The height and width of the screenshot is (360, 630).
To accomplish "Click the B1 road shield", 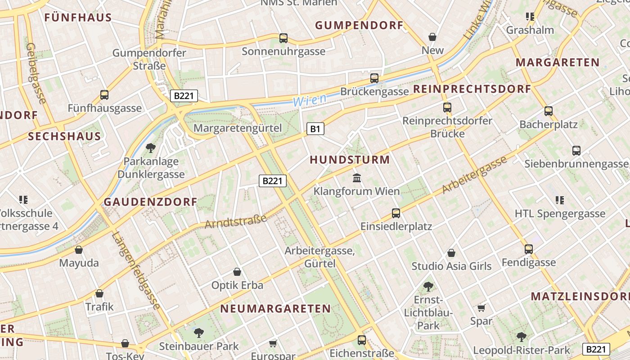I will [315, 129].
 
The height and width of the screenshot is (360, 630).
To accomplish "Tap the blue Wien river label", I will [310, 100].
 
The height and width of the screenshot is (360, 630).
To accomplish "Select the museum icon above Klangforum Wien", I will [357, 178].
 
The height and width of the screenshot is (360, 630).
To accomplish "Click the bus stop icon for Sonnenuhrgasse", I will [283, 38].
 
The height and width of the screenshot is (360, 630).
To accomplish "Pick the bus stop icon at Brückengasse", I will [374, 78].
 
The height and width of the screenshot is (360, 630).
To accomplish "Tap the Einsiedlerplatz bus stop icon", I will [396, 213].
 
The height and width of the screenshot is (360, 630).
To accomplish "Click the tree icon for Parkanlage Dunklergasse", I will [151, 148].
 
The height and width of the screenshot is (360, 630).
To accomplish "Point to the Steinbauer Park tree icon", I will [198, 333].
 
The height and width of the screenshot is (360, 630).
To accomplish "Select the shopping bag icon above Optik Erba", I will [237, 272].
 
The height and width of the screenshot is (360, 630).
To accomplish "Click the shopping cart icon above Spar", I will [481, 308].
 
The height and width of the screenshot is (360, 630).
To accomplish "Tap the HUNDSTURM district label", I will [350, 160].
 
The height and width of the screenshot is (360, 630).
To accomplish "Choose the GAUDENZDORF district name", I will [151, 202].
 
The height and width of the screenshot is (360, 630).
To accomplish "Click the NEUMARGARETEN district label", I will [275, 309].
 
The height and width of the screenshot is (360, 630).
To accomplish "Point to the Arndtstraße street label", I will [236, 221].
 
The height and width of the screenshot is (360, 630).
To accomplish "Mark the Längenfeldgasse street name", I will [136, 270].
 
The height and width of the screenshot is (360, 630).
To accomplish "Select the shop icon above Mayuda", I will [79, 250].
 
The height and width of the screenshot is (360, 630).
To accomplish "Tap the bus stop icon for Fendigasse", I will [528, 249].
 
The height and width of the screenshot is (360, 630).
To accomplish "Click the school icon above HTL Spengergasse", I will [559, 200].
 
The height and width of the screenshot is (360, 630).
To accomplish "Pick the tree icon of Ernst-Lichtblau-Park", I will [428, 286].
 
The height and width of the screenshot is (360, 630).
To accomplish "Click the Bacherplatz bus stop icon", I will [548, 111].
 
